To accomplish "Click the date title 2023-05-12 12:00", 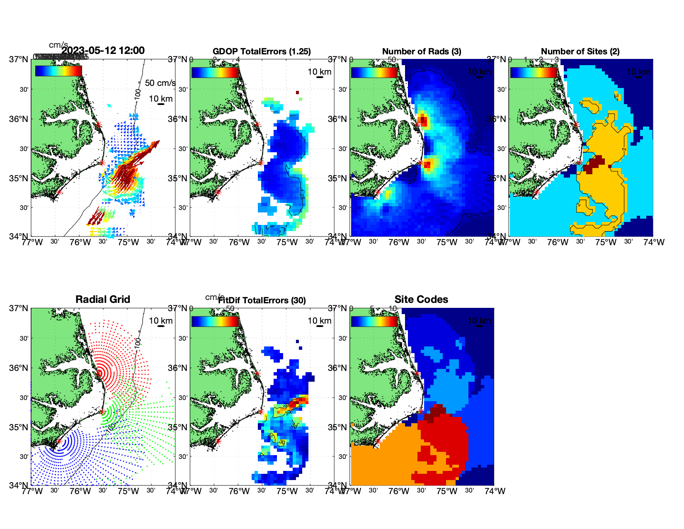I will click(x=103, y=51).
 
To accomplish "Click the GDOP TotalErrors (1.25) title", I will click(x=262, y=51).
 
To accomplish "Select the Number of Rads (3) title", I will click(x=422, y=51).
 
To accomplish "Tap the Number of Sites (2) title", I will click(x=580, y=51).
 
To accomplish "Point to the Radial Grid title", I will click(x=103, y=300).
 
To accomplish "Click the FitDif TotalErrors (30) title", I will click(x=262, y=300).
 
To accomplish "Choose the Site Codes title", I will click(x=421, y=300).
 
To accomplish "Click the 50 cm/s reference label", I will click(x=160, y=83).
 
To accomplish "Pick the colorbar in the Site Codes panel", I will click(x=374, y=322).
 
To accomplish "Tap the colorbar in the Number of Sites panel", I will click(x=534, y=72).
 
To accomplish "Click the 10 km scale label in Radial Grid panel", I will click(x=160, y=321).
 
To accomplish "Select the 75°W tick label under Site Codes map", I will click(x=446, y=491).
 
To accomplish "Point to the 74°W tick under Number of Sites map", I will click(x=654, y=242).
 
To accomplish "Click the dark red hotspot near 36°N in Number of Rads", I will click(x=422, y=121).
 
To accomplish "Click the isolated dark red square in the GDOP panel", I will click(x=297, y=93).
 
